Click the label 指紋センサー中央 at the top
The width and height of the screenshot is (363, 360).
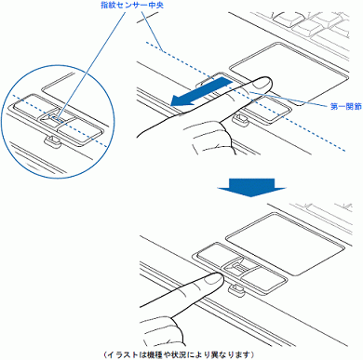click(x=132, y=6)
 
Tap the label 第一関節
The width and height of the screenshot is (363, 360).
click(x=346, y=107)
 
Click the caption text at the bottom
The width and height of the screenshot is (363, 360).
click(x=179, y=353)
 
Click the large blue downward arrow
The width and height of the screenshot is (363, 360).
click(x=251, y=187)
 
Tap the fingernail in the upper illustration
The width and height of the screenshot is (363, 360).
click(x=262, y=82)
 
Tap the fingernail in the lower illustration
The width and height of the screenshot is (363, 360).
click(x=214, y=279)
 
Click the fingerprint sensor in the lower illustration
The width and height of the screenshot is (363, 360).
click(x=238, y=266)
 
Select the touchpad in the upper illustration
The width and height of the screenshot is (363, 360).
click(x=289, y=73)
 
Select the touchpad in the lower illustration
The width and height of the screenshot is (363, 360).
click(x=285, y=244)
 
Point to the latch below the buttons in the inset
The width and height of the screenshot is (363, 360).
click(x=52, y=140)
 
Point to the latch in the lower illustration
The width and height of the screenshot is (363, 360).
click(x=235, y=289)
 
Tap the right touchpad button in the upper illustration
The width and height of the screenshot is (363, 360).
click(x=268, y=109)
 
